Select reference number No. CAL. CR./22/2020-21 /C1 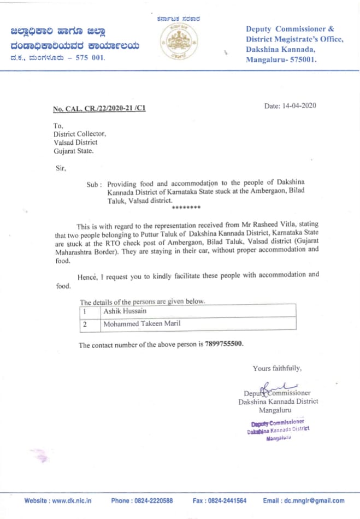[x=99, y=109]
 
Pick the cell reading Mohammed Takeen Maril [x=142, y=323]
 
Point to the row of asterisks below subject [x=186, y=208]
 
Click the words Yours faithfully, [x=277, y=368]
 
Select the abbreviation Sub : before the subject [x=95, y=185]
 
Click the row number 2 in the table [x=85, y=323]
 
